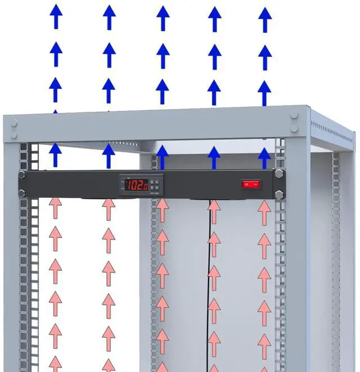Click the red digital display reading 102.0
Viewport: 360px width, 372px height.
pyautogui.click(x=136, y=184)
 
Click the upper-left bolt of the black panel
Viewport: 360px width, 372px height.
pyautogui.click(x=21, y=174)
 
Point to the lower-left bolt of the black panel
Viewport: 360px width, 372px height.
pyautogui.click(x=21, y=193)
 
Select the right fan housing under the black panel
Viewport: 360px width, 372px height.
pyautogui.click(x=202, y=198)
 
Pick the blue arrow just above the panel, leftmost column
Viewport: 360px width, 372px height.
pyautogui.click(x=55, y=155)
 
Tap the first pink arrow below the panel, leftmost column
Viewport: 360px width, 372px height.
pyautogui.click(x=55, y=209)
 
